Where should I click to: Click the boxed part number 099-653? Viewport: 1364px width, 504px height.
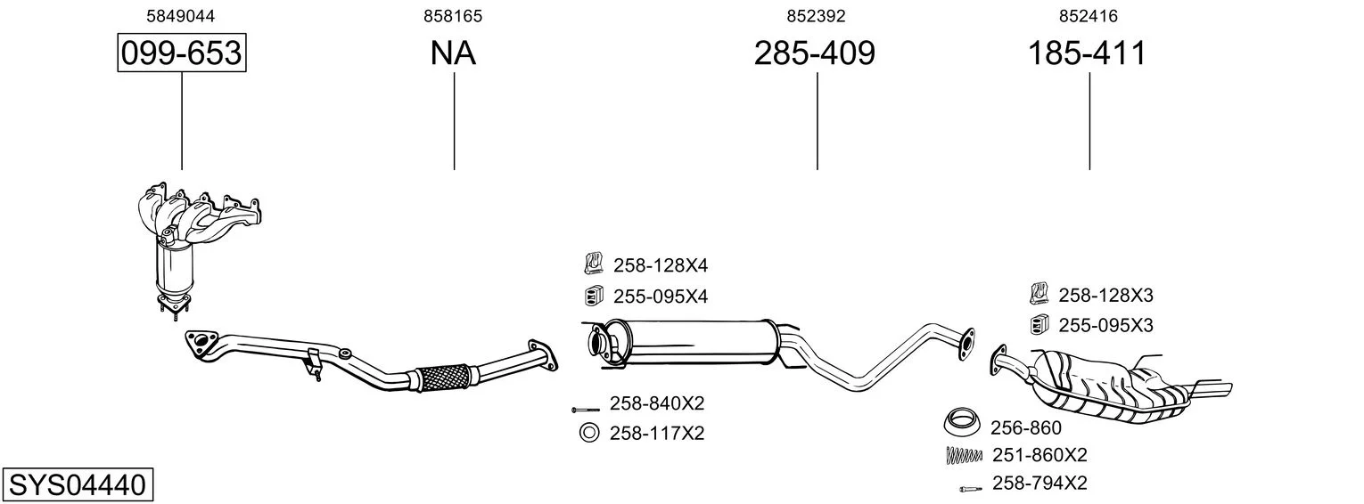182,53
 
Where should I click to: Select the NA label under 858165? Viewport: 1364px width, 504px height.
453,53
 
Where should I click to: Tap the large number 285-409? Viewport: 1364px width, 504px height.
815,53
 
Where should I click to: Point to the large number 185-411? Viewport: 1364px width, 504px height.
1087,53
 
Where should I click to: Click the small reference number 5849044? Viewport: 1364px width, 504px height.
181,16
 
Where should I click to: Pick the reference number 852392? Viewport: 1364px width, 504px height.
816,16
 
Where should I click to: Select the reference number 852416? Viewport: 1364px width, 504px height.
1089,16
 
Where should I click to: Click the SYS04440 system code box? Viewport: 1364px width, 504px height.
78,484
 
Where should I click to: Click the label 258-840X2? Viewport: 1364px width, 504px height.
657,403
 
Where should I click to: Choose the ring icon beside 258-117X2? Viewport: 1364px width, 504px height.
588,433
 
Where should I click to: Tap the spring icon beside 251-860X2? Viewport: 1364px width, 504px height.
965,455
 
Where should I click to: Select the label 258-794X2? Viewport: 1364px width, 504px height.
1039,483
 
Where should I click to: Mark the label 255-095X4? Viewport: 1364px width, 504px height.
661,296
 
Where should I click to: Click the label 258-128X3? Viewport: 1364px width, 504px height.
1105,295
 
